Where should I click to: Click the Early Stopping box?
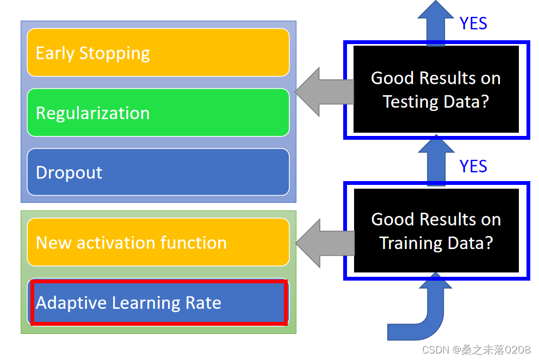click(x=158, y=53)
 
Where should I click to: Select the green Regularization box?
click(x=158, y=113)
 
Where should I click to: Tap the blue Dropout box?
click(x=158, y=172)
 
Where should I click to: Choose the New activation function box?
click(x=158, y=243)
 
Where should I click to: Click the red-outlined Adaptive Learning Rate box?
click(x=158, y=302)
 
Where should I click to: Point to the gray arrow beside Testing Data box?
click(x=324, y=92)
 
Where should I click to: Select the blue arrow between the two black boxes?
click(x=437, y=161)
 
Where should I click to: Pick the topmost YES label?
click(x=473, y=23)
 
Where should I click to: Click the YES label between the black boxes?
click(x=473, y=166)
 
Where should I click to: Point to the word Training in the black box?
click(x=407, y=243)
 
